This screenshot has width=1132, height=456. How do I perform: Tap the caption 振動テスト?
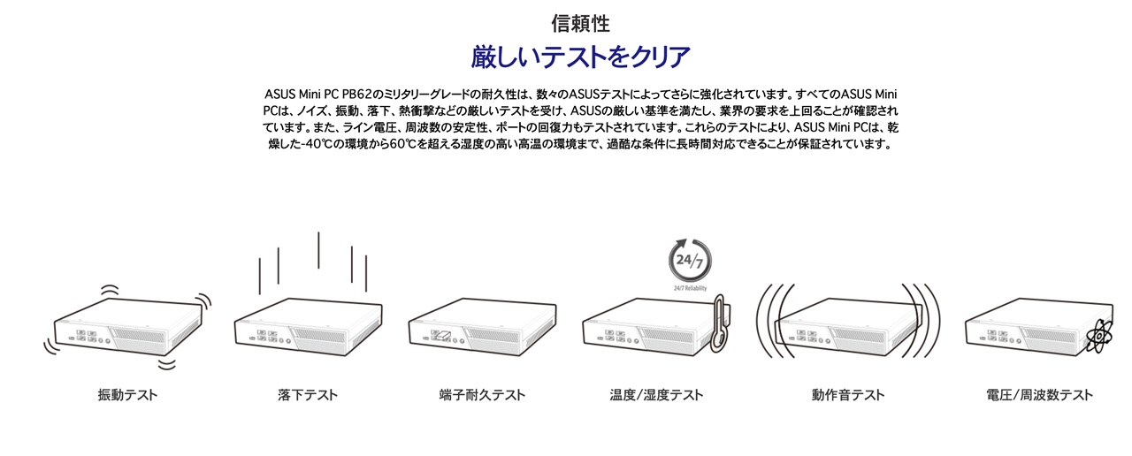pyautogui.click(x=128, y=395)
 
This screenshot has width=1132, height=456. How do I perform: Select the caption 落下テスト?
pyautogui.click(x=307, y=395)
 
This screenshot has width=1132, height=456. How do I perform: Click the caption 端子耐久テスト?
pyautogui.click(x=482, y=395)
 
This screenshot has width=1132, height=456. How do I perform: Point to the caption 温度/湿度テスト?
pyautogui.click(x=656, y=395)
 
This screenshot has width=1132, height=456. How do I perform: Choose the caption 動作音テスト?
pyautogui.click(x=848, y=395)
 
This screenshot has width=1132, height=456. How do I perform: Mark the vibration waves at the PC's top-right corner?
pyautogui.click(x=203, y=301)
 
